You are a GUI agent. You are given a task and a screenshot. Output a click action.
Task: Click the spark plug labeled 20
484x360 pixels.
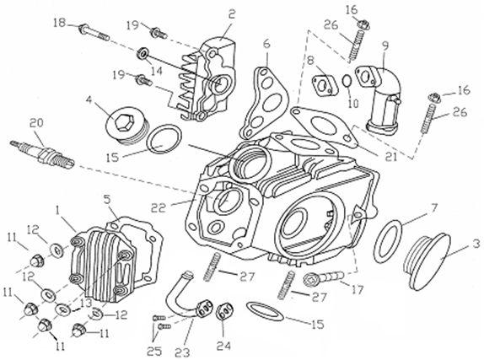pos(42,153)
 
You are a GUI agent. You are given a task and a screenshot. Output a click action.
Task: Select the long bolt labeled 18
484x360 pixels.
pos(94,33)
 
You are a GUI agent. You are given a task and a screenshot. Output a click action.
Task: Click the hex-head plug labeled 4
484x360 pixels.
pos(127,126)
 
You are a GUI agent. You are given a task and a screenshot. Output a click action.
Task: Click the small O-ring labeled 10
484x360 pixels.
pos(347,81)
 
